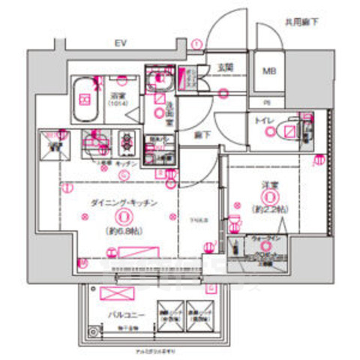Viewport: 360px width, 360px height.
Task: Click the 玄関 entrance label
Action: click(225, 67)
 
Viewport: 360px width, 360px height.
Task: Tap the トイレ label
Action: click(263, 120)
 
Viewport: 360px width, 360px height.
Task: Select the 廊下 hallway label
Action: click(201, 136)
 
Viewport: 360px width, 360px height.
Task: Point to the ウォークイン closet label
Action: click(265, 238)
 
